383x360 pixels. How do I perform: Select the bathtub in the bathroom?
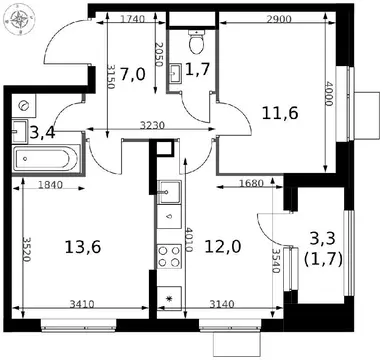[46, 159]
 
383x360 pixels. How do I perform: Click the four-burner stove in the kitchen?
[169, 256]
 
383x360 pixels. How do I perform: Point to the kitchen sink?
[169, 192]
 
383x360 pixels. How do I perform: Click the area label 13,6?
[83, 247]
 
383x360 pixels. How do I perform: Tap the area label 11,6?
[280, 113]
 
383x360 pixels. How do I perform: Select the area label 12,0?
[223, 247]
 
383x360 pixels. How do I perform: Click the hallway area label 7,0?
[132, 74]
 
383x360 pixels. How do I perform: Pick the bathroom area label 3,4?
[42, 133]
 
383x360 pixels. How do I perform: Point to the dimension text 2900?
[279, 19]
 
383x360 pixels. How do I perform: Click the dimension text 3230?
[152, 125]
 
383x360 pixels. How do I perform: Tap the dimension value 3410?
[82, 304]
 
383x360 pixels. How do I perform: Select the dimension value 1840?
[50, 184]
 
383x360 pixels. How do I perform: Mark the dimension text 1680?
[252, 183]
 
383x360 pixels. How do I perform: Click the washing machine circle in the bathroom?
[24, 106]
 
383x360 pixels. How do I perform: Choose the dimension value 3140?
[222, 304]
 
